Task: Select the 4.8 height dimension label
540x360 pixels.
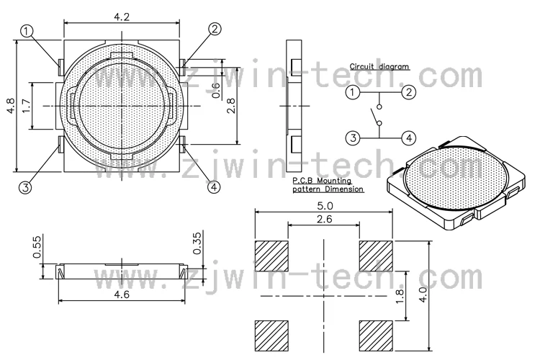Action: coord(10,107)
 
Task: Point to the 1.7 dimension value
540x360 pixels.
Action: coord(27,107)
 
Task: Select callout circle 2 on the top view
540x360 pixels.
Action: coord(215,29)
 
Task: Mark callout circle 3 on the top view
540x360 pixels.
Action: coord(26,187)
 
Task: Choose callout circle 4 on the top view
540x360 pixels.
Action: coord(214,187)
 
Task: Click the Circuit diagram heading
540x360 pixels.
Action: coord(379,66)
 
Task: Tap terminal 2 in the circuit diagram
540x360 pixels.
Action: coord(408,92)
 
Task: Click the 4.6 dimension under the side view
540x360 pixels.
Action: coord(122,293)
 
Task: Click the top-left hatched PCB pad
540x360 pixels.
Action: coord(271,256)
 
